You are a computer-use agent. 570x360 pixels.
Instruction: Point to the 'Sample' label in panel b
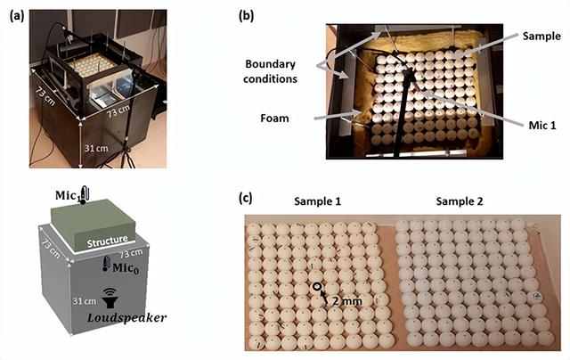pyautogui.click(x=541, y=37)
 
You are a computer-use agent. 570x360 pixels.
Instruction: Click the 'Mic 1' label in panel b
pyautogui.click(x=540, y=127)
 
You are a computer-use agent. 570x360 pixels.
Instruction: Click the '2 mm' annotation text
pyautogui.click(x=340, y=301)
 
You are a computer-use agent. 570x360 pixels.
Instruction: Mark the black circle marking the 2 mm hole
pyautogui.click(x=316, y=287)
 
